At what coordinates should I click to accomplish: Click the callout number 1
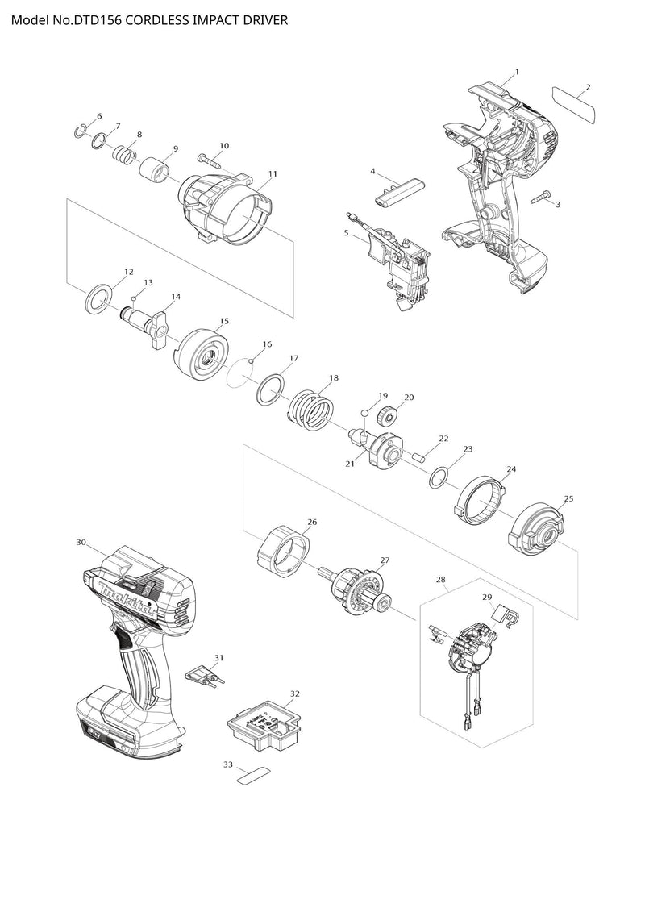(517, 72)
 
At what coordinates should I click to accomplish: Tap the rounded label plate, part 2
(572, 105)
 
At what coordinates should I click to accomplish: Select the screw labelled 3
(540, 196)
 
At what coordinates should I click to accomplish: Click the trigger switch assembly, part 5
(399, 262)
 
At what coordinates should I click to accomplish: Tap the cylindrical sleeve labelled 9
(156, 172)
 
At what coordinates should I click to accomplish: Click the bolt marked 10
(207, 160)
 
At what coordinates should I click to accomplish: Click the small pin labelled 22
(419, 455)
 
